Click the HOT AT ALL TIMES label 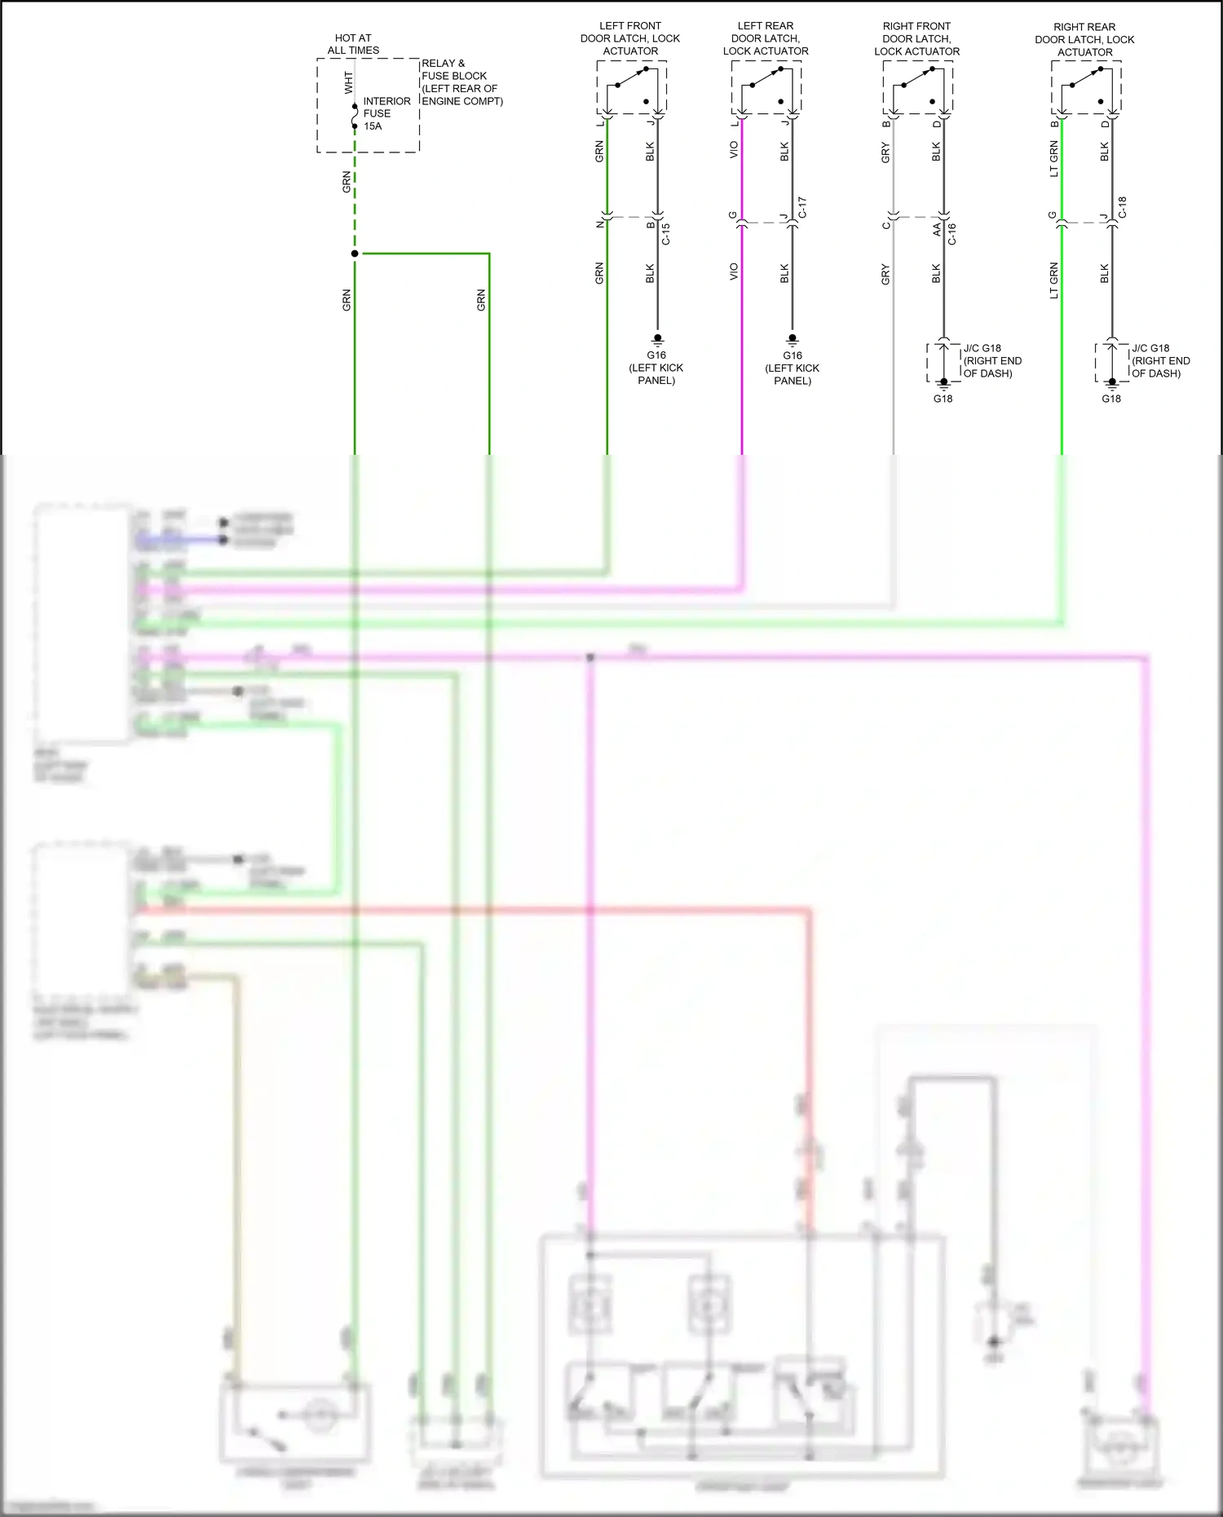tap(353, 44)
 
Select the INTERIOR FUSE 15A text tap(386, 113)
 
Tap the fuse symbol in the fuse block tap(355, 117)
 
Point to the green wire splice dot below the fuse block tap(355, 254)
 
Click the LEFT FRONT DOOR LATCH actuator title tap(629, 38)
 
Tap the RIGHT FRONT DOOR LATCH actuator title tap(916, 38)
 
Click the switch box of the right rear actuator tap(1085, 87)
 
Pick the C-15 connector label tap(666, 234)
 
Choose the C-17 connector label tap(801, 207)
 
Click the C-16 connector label tap(951, 234)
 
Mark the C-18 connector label tap(1122, 207)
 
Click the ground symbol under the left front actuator tap(657, 338)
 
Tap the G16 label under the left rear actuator tap(792, 355)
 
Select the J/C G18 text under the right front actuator tap(982, 348)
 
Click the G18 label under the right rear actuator tap(1111, 399)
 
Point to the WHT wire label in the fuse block tap(349, 82)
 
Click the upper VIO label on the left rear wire tap(734, 150)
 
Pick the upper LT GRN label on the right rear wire tap(1053, 159)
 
